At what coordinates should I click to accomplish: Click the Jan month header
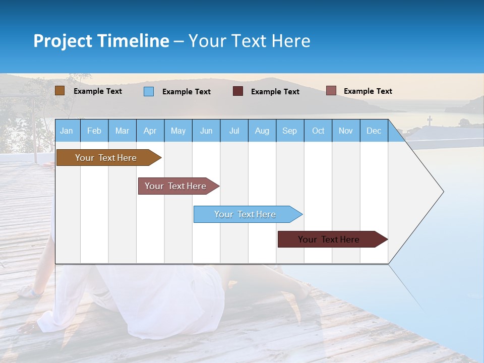point(67,131)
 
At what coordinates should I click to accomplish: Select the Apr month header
point(150,131)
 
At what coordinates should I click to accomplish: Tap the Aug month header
point(262,131)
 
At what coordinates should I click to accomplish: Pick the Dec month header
point(374,131)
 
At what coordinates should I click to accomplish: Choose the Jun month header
point(206,131)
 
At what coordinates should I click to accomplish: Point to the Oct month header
point(318,131)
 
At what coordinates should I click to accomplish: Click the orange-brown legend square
point(59,91)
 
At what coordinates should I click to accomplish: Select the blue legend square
point(149,91)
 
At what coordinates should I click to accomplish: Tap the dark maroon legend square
point(238,91)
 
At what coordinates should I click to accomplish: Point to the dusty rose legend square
point(331,91)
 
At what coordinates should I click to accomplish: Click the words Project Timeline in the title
point(101,40)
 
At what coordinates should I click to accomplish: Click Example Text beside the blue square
point(186,92)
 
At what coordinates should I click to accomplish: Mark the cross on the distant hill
point(430,120)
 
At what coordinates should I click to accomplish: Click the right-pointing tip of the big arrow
point(442,191)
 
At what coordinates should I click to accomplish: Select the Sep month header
point(289,131)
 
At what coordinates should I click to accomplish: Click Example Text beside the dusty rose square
point(368,91)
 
